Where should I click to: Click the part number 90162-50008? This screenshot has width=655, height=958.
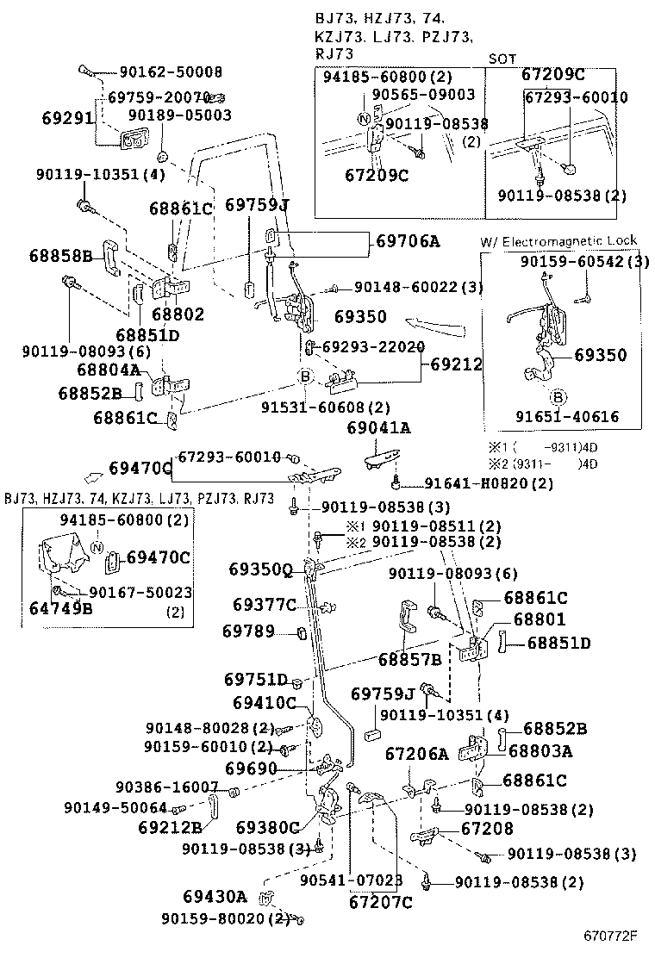[x=171, y=72]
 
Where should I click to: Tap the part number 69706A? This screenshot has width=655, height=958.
[x=408, y=241]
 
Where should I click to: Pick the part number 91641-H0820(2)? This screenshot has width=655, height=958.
[x=489, y=483]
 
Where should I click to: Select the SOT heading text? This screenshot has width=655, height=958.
[x=502, y=59]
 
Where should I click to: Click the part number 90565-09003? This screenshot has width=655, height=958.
[x=423, y=95]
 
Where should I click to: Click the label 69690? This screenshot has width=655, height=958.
[x=250, y=767]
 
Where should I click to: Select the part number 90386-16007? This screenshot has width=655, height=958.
[x=166, y=787]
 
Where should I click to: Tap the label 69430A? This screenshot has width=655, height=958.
[x=214, y=896]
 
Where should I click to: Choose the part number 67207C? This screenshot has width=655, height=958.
[x=380, y=902]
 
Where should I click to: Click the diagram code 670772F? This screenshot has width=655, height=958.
[x=609, y=936]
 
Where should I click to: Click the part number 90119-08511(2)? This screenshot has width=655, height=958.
[x=424, y=526]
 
